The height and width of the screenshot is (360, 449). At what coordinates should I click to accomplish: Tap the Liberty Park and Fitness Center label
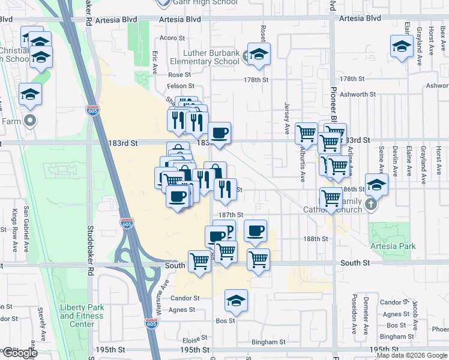tap(82, 316)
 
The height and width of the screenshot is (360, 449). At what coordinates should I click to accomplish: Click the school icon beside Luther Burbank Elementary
tap(259, 54)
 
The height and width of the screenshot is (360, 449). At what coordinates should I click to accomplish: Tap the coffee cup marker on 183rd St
tap(219, 133)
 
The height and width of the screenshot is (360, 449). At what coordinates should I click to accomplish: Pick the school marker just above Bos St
tap(237, 301)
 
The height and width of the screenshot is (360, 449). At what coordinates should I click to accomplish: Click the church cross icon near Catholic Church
tap(371, 205)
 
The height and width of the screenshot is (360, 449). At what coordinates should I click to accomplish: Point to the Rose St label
tap(179, 75)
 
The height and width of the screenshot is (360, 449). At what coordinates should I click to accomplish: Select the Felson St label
tap(179, 86)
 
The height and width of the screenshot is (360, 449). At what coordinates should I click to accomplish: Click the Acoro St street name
tap(172, 38)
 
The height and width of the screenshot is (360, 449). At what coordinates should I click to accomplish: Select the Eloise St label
tap(195, 340)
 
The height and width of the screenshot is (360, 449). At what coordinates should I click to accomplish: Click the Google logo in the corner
tap(20, 352)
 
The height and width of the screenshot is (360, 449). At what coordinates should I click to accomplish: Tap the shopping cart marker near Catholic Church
tap(331, 197)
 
